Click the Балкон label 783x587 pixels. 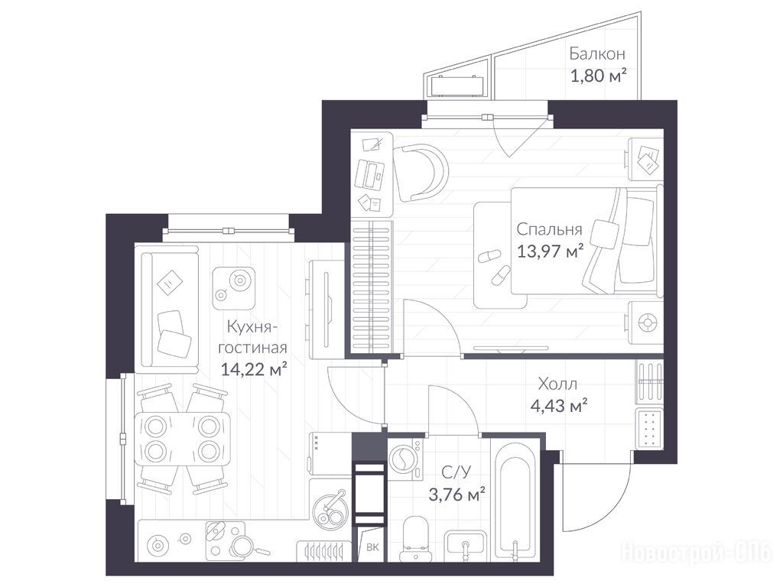[597, 54]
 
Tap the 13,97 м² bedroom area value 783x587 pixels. [550, 251]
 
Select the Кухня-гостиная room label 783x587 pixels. [252, 337]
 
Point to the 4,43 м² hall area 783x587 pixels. [558, 406]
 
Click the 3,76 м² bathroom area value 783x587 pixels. [457, 495]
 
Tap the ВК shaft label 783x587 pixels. [372, 547]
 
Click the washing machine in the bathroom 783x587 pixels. [405, 459]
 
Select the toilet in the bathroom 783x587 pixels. [415, 538]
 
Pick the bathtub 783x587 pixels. [515, 500]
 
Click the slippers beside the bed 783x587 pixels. [495, 266]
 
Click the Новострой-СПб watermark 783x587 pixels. [696, 553]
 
